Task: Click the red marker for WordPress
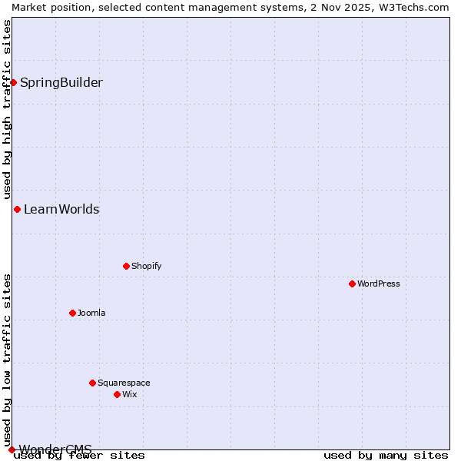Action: (x=352, y=284)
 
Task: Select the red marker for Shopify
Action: (x=126, y=266)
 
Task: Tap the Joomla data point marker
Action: (x=72, y=313)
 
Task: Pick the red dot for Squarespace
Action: (x=92, y=383)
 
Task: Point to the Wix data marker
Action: (x=117, y=394)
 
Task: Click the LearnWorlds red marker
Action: (x=17, y=209)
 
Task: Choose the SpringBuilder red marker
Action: (x=13, y=82)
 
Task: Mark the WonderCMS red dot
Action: (x=12, y=449)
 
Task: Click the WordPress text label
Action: (x=379, y=284)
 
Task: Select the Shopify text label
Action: (x=146, y=266)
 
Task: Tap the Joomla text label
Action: (x=91, y=313)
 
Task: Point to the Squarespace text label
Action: (x=124, y=383)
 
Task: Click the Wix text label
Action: (x=129, y=394)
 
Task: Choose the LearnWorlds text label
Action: (x=61, y=209)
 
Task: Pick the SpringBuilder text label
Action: (x=61, y=82)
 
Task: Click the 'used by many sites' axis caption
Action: (x=386, y=456)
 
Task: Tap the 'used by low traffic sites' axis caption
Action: (x=7, y=360)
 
